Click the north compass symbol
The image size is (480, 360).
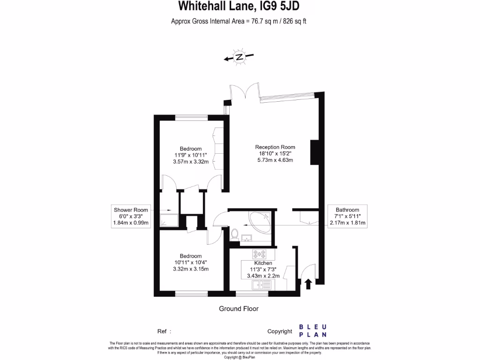(x=239, y=57)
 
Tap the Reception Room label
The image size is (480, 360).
(x=275, y=147)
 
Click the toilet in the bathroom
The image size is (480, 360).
(x=235, y=233)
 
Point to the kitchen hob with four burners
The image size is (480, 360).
(x=259, y=255)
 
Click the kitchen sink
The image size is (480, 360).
(x=261, y=285)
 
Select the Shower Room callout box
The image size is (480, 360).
(x=131, y=217)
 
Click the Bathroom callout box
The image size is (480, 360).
(x=347, y=217)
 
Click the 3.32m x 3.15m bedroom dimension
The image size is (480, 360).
(x=191, y=269)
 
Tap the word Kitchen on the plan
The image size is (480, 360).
(x=263, y=263)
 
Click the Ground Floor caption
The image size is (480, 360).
(x=239, y=308)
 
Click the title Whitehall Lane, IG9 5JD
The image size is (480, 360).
(x=239, y=7)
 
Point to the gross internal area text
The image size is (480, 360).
(x=239, y=21)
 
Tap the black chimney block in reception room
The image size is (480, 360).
(x=314, y=152)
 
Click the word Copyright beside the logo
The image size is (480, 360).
(x=279, y=331)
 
